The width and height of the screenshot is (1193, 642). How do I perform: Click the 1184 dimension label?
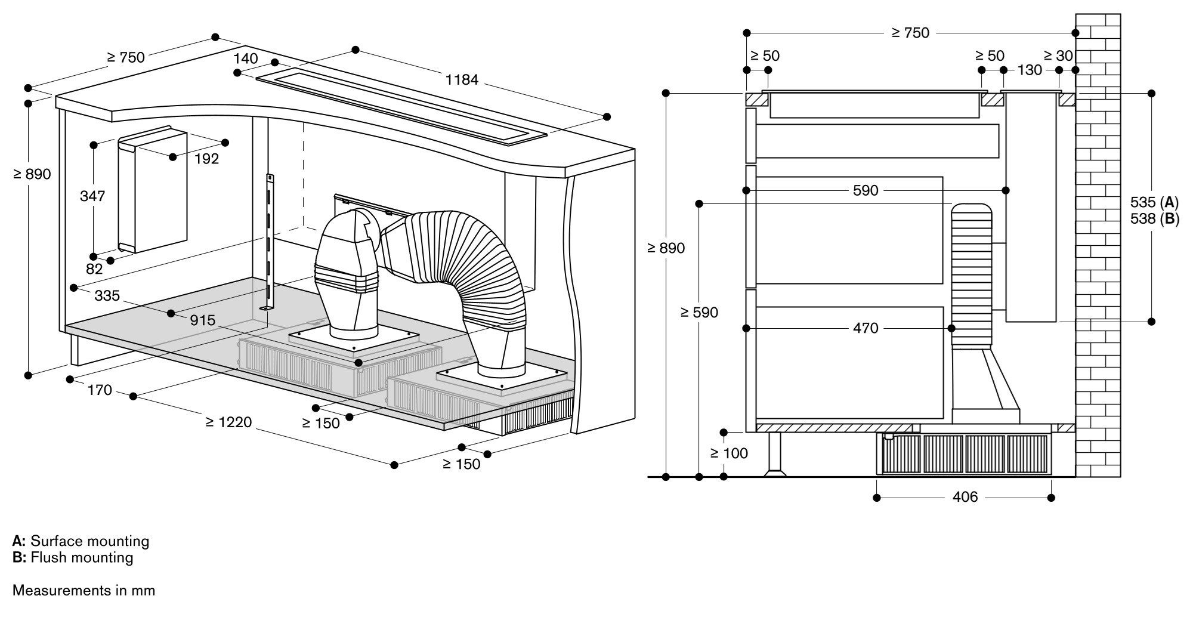pos(462,79)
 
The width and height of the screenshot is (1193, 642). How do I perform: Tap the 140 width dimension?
pos(246,58)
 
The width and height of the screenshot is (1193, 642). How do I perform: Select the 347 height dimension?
pos(92,196)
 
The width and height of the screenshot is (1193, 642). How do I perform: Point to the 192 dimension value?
pos(206,159)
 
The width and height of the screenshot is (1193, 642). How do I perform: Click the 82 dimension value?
pos(94,269)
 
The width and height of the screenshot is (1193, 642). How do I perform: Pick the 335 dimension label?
pos(107,295)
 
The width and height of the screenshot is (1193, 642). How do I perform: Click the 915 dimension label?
pos(202,320)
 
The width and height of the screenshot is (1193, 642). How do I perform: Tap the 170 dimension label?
pos(100,390)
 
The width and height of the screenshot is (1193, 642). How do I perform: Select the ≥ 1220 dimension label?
pos(228,422)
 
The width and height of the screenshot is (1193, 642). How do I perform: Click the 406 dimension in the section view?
pos(965,497)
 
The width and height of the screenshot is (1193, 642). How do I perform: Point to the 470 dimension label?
pos(865,328)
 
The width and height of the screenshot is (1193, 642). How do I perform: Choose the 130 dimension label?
pos(1030,70)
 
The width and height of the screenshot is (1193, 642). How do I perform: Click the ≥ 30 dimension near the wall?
pos(1058,56)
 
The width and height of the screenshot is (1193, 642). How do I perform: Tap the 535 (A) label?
pos(1154,202)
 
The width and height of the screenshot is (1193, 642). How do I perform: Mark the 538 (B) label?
pos(1154,219)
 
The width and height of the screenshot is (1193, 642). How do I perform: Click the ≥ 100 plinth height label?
pos(729,453)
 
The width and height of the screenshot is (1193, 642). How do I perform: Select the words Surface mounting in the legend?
pos(89,541)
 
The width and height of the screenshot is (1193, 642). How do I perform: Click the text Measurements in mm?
pos(84,591)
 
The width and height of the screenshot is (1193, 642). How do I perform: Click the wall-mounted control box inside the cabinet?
pos(153,191)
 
